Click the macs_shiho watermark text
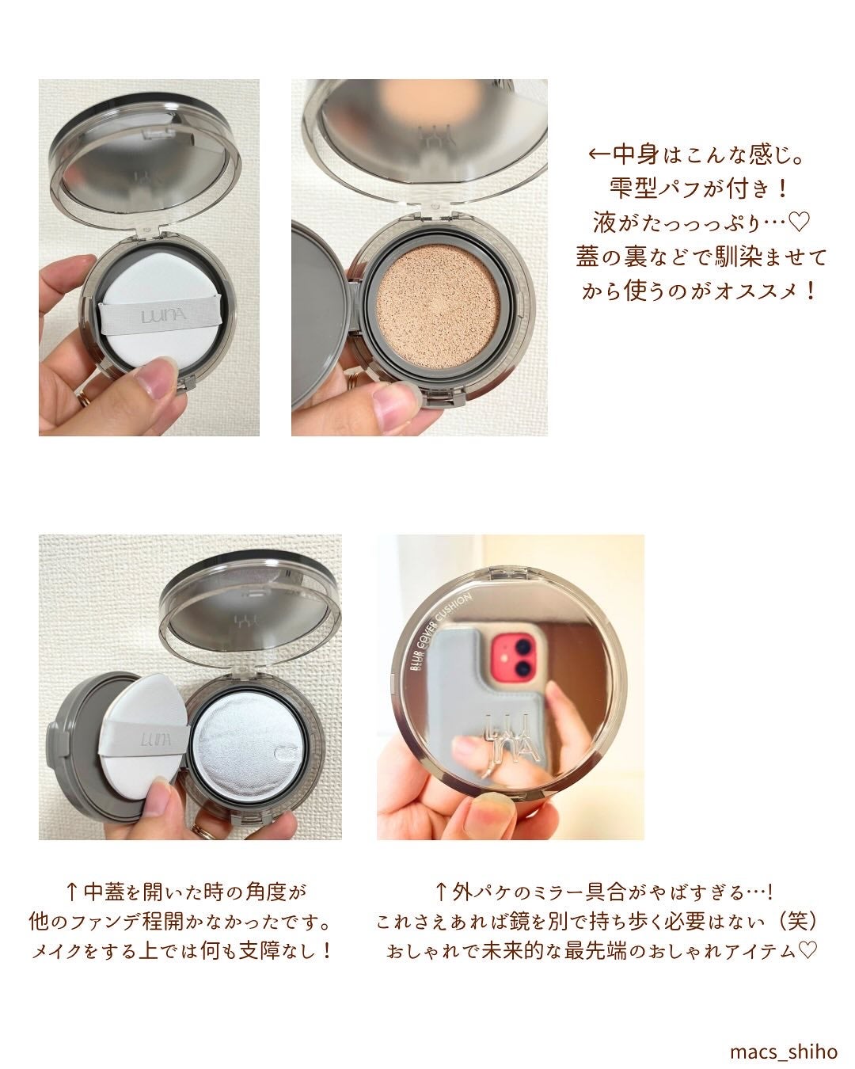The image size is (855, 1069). click(x=784, y=1051)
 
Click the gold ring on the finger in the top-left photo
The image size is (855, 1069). click(x=84, y=398)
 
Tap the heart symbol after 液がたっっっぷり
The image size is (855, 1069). click(x=800, y=222)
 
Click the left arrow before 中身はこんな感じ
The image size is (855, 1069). click(x=599, y=154)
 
